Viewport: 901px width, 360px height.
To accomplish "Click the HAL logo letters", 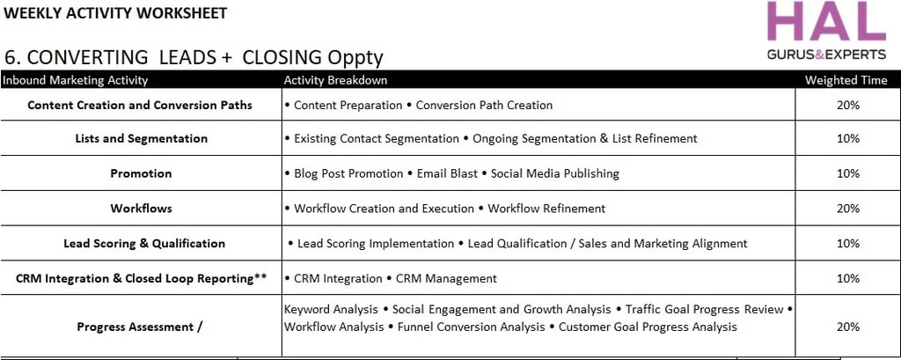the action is [x=826, y=21].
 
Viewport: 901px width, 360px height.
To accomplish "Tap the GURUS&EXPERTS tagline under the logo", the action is [x=826, y=55].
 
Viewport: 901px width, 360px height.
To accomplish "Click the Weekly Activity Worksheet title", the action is [x=115, y=12].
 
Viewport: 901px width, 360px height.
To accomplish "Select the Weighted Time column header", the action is [x=846, y=80].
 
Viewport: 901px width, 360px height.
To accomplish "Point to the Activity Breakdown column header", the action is [x=335, y=80].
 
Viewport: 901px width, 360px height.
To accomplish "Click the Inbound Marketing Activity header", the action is [x=75, y=80].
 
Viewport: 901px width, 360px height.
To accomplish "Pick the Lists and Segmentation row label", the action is [x=142, y=138].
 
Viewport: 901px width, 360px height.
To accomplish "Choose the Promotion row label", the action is [x=141, y=173].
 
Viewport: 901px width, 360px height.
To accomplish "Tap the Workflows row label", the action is [x=141, y=209].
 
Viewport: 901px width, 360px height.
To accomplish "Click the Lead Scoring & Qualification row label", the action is [x=144, y=243].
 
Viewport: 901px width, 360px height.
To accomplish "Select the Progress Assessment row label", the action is [x=140, y=327].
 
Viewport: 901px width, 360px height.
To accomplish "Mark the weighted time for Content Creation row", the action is [x=848, y=106].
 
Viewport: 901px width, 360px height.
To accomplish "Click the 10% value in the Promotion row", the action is [x=848, y=173].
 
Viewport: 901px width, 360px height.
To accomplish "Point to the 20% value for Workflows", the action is [x=848, y=209].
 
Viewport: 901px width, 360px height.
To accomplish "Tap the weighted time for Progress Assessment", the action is [x=848, y=327].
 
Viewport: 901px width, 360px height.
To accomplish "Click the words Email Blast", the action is [x=448, y=173].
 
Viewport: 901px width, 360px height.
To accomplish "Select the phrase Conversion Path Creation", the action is [x=485, y=106].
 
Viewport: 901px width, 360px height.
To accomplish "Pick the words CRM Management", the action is [x=446, y=279].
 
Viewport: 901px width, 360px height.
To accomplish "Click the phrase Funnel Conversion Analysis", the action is [x=472, y=327].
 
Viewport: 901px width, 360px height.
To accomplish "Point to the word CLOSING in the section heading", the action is [x=282, y=57].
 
